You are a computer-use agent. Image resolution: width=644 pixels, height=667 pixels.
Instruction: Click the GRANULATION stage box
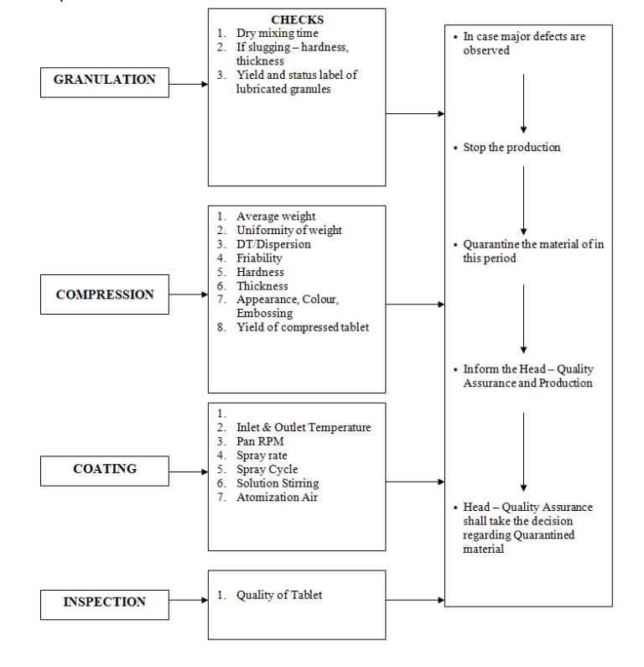(x=104, y=81)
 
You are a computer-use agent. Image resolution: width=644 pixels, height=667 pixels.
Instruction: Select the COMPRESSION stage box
(x=104, y=295)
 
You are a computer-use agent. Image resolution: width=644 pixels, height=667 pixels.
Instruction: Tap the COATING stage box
(x=104, y=470)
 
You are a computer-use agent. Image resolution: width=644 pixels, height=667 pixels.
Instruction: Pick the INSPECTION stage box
(x=104, y=602)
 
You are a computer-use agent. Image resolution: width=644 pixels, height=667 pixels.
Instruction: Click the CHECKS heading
(x=297, y=19)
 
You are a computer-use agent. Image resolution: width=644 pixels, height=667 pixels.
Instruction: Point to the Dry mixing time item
(x=277, y=34)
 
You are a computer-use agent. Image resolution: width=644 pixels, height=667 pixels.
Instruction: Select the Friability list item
(x=259, y=258)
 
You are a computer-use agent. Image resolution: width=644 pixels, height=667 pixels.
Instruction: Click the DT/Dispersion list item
(x=273, y=244)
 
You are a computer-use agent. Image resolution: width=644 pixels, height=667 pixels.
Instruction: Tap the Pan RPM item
(x=262, y=441)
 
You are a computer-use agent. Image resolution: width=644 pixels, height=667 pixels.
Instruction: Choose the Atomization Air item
(x=277, y=497)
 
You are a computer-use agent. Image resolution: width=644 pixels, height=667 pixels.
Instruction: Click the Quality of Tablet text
(x=278, y=595)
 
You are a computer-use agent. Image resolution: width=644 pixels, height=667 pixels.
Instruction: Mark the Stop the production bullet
(x=512, y=148)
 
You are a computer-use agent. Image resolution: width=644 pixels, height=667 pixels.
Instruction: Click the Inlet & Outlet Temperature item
(x=303, y=427)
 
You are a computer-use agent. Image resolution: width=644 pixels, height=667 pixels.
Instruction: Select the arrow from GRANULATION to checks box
(x=188, y=84)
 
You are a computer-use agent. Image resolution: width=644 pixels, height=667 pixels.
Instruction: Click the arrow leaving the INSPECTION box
(x=415, y=600)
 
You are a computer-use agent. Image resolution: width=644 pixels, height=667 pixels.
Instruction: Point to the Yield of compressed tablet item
(x=302, y=327)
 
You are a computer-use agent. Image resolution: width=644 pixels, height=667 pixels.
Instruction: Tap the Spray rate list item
(x=262, y=456)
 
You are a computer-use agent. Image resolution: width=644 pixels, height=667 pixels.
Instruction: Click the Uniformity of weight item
(x=288, y=230)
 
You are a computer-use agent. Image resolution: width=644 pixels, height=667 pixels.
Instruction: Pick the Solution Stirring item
(x=278, y=483)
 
